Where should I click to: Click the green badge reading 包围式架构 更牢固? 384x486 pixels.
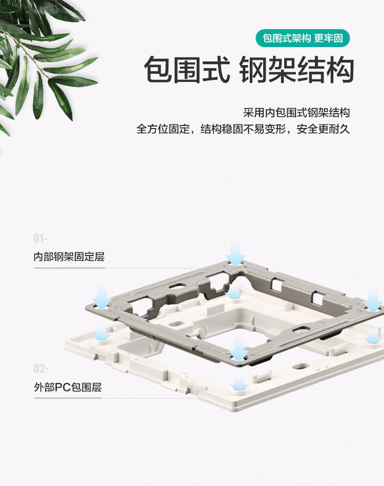coord(306,39)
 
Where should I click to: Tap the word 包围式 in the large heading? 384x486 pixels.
coord(187,71)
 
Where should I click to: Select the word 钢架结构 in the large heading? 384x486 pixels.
coord(297,71)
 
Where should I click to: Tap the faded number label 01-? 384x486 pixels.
coord(40,239)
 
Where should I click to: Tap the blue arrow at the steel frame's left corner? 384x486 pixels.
coord(101,296)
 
